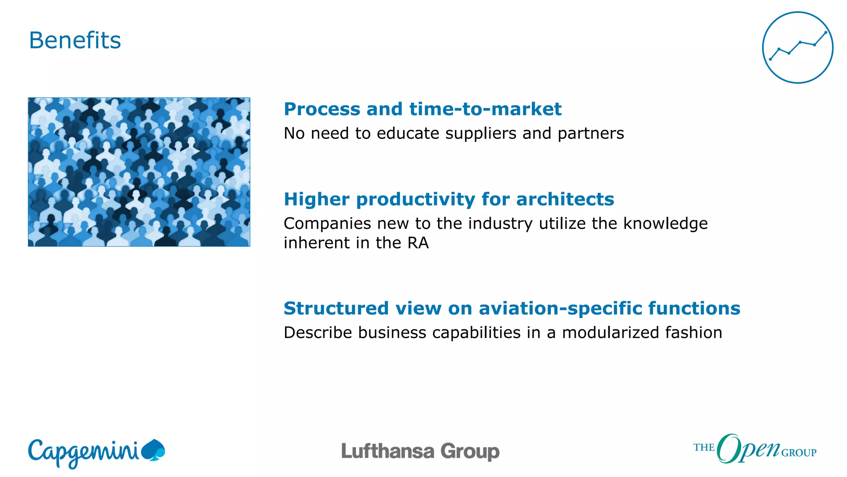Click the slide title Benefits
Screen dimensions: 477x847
pyautogui.click(x=75, y=41)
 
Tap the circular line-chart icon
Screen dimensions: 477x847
pyautogui.click(x=797, y=48)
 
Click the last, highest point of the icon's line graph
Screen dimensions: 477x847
pyautogui.click(x=825, y=32)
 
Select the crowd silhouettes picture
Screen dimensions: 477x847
pyautogui.click(x=139, y=172)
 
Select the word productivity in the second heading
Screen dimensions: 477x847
pyautogui.click(x=416, y=200)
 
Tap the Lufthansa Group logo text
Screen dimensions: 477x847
pyautogui.click(x=420, y=451)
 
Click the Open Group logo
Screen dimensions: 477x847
pyautogui.click(x=754, y=449)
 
